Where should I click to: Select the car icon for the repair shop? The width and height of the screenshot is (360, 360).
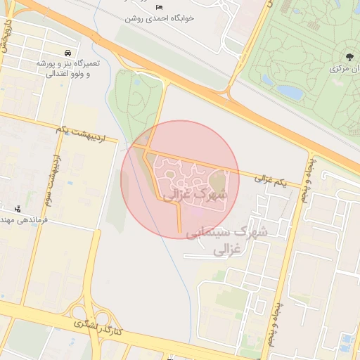[67, 53]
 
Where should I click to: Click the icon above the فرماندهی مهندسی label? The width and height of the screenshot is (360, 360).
[18, 209]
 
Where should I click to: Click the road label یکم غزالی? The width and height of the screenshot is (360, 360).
[271, 181]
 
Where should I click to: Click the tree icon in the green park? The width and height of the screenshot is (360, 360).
[349, 56]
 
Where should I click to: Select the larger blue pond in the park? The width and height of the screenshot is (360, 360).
[290, 91]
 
